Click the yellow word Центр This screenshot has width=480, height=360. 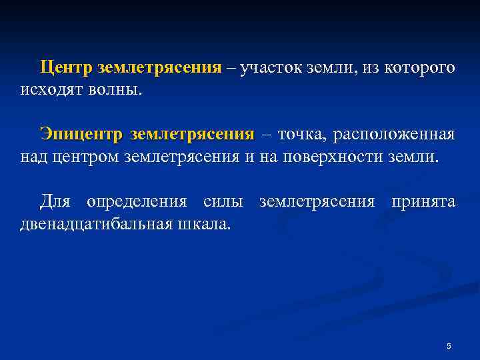click(x=66, y=68)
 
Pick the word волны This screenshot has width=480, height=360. click(x=119, y=90)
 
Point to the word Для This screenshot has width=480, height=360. click(x=54, y=200)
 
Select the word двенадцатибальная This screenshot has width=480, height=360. click(x=91, y=223)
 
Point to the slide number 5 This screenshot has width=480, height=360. click(x=449, y=346)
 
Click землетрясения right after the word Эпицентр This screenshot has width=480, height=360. click(x=193, y=135)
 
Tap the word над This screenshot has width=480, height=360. click(x=31, y=157)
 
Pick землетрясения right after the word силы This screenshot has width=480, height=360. click(x=317, y=201)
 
